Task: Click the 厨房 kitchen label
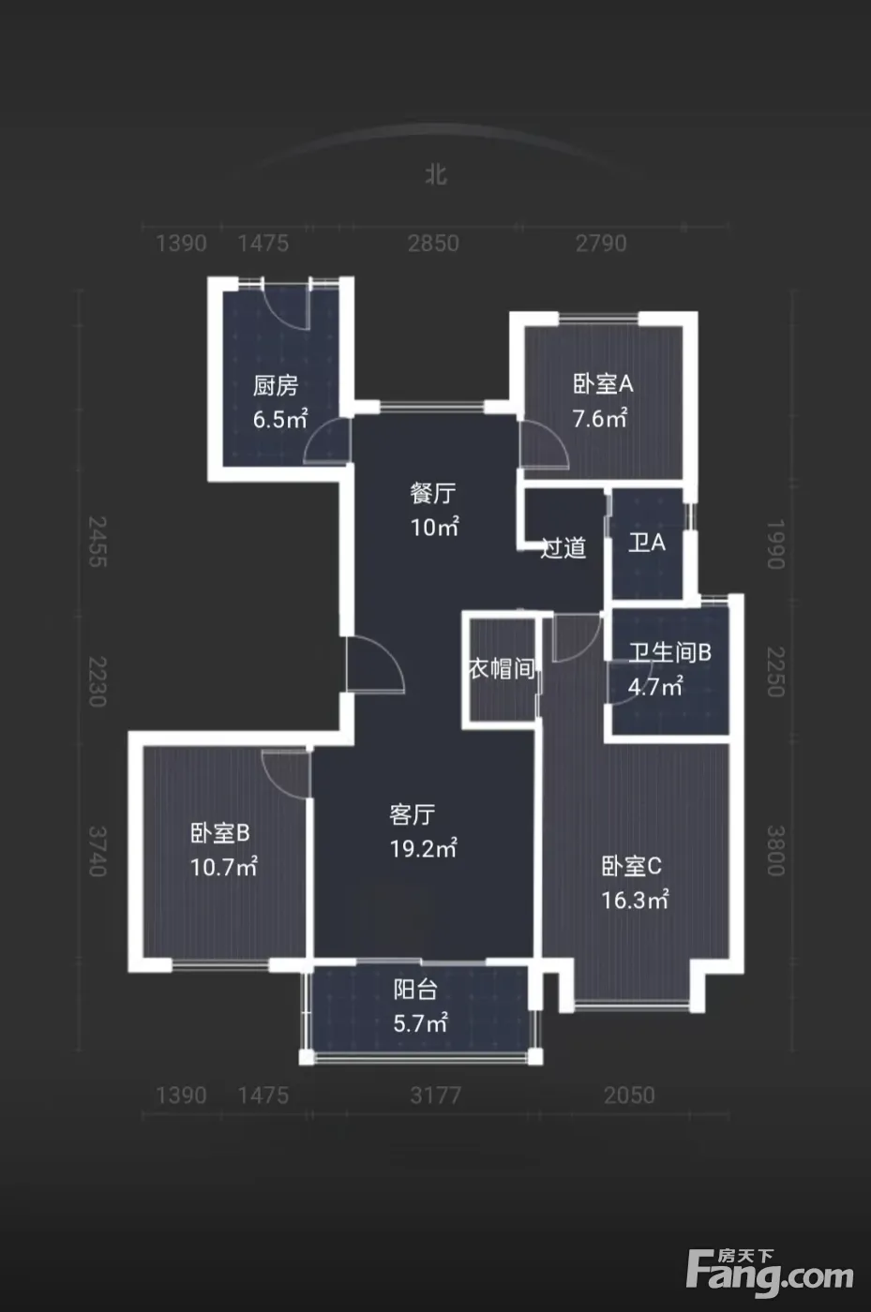pos(276,385)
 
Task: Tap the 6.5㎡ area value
pos(280,420)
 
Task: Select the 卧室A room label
pos(603,384)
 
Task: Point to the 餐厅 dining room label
pos(433,493)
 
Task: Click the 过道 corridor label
pos(563,547)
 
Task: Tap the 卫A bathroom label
pos(647,543)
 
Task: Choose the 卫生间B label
pos(670,652)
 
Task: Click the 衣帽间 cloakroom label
pos(502,668)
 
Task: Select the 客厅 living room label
pos(412,814)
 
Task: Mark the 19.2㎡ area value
pos(423,849)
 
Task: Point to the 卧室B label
pos(220,833)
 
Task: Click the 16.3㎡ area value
pos(635,901)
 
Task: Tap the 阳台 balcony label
pos(415,990)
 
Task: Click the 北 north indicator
pos(436,175)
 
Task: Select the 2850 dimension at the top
pos(433,244)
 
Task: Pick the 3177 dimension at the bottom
pos(435,1096)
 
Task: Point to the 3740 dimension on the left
pos(98,851)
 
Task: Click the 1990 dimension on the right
pos(776,544)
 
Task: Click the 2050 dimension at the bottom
pos(629,1096)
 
